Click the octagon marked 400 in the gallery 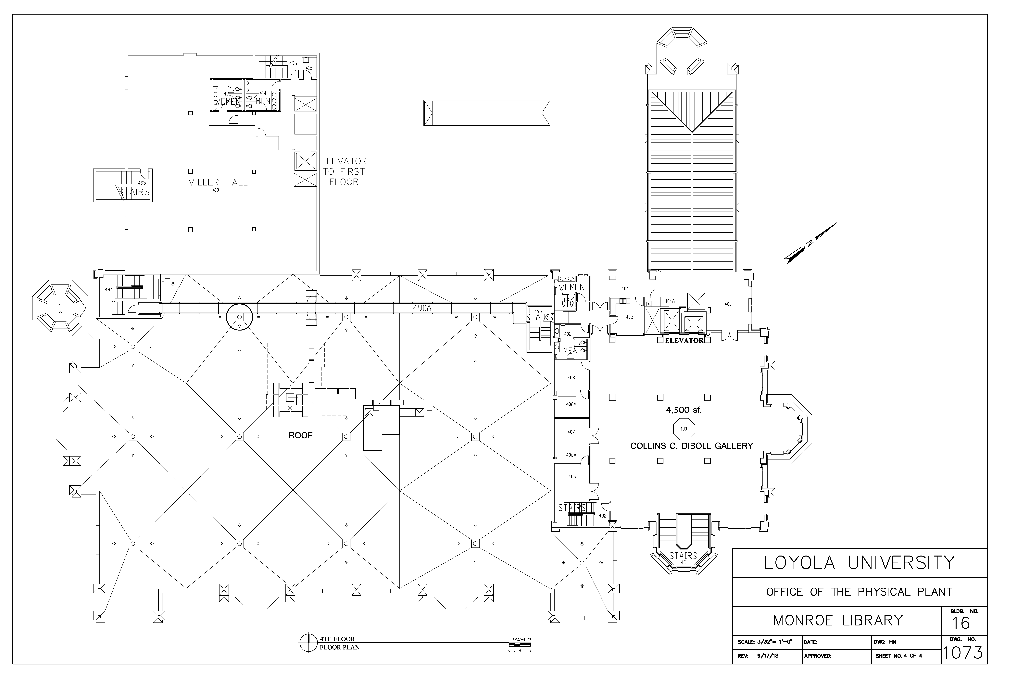click(x=684, y=429)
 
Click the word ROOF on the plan click(x=301, y=435)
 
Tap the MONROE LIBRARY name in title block click(x=838, y=621)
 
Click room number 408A click(x=571, y=404)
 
